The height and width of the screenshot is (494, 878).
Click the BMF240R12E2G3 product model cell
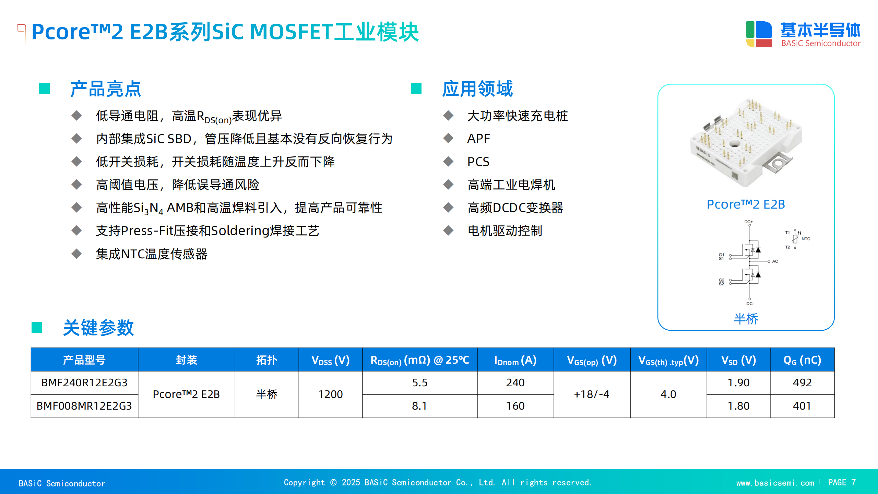coord(84,383)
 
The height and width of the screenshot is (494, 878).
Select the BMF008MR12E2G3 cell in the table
coord(84,406)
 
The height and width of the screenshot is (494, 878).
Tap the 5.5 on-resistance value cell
coord(420,383)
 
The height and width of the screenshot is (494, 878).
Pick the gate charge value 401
coord(802,406)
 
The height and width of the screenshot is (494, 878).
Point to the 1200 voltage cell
coord(331,394)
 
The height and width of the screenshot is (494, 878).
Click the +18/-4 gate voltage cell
coord(592,394)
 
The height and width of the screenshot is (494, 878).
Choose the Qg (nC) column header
coord(802,360)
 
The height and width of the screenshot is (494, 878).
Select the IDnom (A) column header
coord(515,360)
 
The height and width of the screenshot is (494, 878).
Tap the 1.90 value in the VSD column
coord(739,383)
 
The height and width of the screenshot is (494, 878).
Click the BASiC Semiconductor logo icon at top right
coord(759,34)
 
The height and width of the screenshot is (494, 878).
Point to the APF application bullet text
coord(479,139)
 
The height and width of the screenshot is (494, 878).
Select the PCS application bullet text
coord(478,162)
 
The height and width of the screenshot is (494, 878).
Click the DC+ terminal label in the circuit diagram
coord(748,222)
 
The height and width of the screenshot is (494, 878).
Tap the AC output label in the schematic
coord(775,261)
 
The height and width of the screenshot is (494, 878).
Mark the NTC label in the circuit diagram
coord(806,239)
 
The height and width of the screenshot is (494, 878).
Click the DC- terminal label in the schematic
coord(750,304)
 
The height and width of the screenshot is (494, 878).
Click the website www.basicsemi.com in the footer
coord(775,483)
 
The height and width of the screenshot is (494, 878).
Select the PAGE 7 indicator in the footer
coord(842,482)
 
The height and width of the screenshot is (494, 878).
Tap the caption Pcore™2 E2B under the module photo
coord(746,204)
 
